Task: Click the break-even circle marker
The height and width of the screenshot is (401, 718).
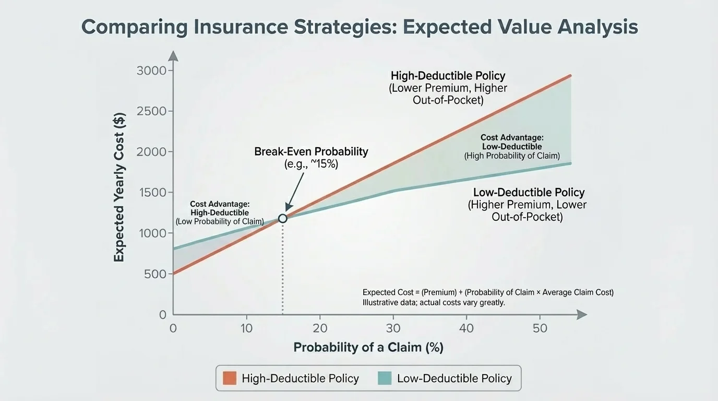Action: point(282,218)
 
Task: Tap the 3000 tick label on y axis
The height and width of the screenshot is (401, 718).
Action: point(151,70)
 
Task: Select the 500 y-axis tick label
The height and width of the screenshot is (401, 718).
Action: point(154,274)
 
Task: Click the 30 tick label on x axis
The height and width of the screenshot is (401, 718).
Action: point(393,328)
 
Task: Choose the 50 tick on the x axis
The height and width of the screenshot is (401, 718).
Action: point(540,328)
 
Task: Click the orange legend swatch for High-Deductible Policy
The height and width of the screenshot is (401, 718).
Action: point(230,379)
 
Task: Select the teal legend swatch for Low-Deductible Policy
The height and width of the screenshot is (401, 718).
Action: point(385,379)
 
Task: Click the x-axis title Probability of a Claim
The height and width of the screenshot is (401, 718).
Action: point(368,347)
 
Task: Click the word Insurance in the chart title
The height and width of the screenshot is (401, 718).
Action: point(235,27)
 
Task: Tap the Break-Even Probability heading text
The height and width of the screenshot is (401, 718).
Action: point(311,151)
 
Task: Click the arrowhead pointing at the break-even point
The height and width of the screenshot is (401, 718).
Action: point(287,209)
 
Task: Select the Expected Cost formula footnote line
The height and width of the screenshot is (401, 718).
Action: point(488,292)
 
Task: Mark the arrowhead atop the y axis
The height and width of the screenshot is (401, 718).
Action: point(173,55)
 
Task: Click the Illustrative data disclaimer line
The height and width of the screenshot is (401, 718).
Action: point(434,302)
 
